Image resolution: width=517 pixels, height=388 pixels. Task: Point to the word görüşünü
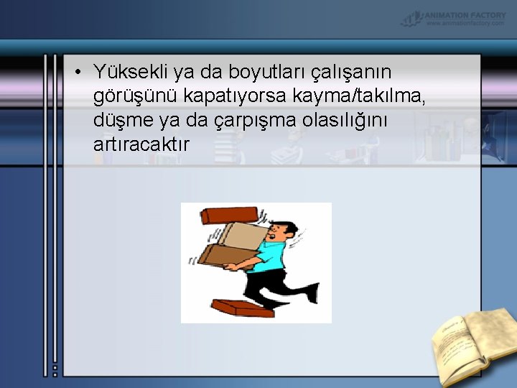coord(134,97)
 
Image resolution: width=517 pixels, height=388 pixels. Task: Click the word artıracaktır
coord(141,144)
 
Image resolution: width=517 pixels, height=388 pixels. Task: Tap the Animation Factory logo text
coord(465,14)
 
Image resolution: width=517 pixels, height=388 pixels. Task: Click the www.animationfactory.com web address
coord(465,24)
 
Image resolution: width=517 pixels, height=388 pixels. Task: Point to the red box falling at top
coord(230,216)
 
